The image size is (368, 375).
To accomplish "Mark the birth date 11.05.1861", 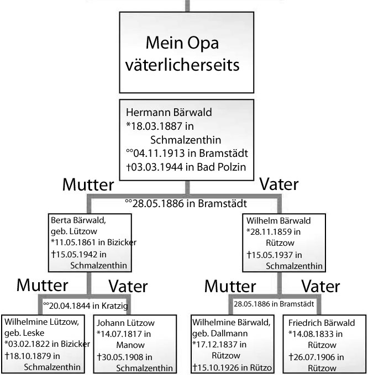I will tap(77, 242).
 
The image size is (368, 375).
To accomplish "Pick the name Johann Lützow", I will tap(127, 324).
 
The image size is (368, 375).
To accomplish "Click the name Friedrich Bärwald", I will tap(322, 323).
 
